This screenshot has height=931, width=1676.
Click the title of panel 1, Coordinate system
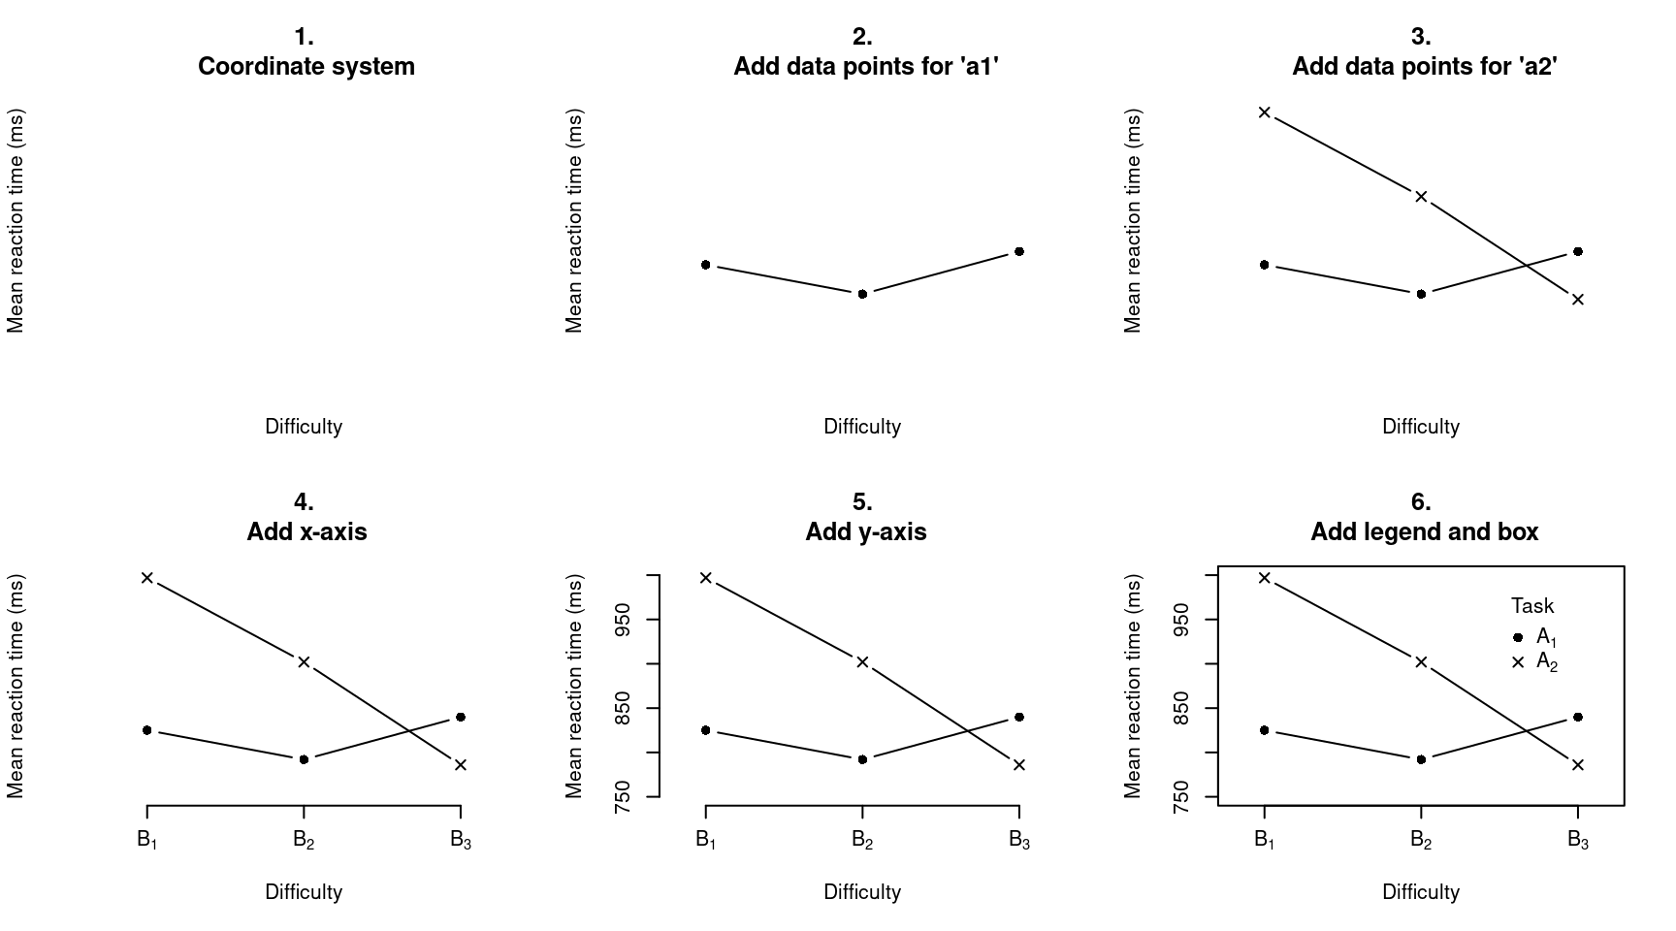click(306, 66)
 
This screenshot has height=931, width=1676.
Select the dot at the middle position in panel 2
click(862, 294)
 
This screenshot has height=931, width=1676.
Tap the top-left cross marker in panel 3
click(1264, 112)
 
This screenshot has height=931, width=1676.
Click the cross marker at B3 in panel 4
click(461, 765)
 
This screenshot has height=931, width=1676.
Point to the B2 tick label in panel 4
click(304, 840)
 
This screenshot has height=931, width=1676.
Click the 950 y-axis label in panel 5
click(627, 620)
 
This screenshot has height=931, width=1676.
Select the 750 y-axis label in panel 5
click(627, 797)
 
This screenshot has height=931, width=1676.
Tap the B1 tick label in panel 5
click(706, 840)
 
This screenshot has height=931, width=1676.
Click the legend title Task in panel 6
click(1531, 606)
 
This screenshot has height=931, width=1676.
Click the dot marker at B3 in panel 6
click(1578, 717)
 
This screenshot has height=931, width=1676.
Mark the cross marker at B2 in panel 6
click(1421, 662)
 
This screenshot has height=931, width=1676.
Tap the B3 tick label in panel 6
click(1578, 840)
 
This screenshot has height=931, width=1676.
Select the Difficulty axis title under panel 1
click(304, 427)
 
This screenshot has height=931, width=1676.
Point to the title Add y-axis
click(865, 531)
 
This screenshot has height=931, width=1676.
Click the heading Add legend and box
click(1424, 531)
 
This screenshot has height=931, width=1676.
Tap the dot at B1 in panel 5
click(706, 730)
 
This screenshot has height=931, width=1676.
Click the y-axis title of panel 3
click(1133, 221)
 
